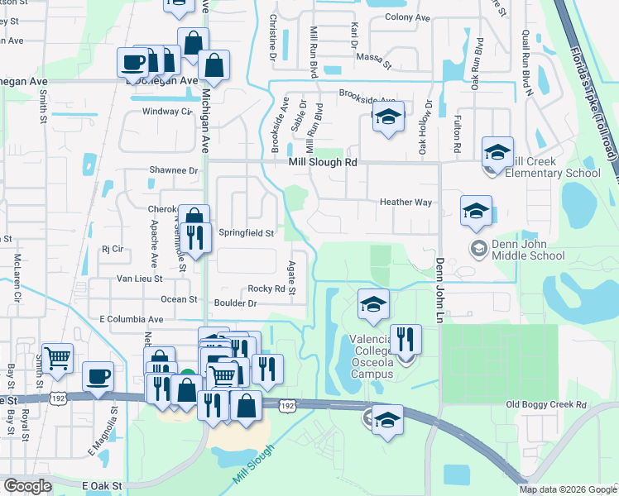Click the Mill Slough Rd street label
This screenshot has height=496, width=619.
[x=322, y=164]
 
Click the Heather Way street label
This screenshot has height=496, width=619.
[x=405, y=202]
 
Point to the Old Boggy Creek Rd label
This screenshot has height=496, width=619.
[x=545, y=404]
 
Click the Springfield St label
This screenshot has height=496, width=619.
[x=246, y=233]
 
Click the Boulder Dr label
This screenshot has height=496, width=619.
[x=235, y=303]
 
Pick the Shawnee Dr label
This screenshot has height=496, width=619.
[x=175, y=171]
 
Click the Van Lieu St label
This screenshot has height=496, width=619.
[x=137, y=279]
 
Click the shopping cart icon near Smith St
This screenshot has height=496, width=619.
[x=57, y=359]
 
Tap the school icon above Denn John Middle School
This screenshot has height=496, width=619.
[x=477, y=212]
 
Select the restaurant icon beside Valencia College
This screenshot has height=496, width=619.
[x=405, y=340]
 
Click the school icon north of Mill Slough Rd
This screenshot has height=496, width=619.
[x=387, y=117]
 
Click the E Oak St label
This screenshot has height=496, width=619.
[x=102, y=486]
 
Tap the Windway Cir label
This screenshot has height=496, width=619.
[x=166, y=111]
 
